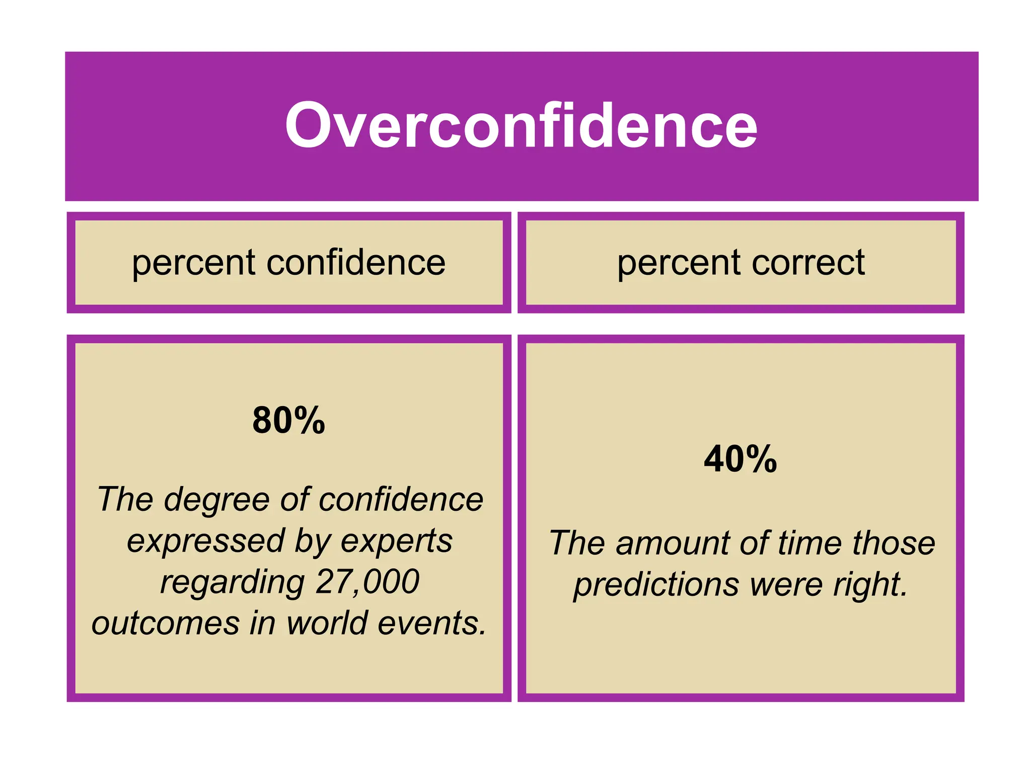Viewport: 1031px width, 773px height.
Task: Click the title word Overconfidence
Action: [521, 125]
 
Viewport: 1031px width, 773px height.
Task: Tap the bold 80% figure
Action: [288, 420]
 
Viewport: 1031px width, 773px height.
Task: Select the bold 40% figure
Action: [740, 459]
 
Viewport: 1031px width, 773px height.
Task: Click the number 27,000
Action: [367, 582]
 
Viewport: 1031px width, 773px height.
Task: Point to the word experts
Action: [397, 542]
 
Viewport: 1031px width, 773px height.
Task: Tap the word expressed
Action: [206, 542]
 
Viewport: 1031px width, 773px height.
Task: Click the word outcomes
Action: [166, 623]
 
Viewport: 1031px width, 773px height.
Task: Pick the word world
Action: [327, 623]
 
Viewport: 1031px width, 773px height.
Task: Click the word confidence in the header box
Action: [355, 263]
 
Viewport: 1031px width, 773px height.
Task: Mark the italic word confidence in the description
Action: [401, 500]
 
